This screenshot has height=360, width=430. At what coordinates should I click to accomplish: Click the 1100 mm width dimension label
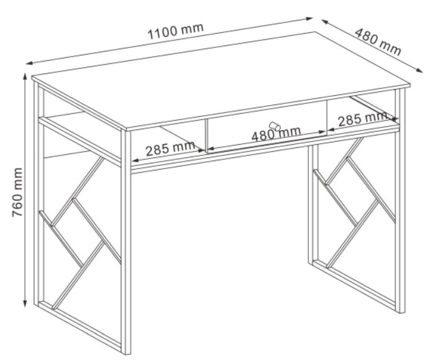coord(175,31)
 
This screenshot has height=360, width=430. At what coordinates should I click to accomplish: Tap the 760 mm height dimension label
coord(17,192)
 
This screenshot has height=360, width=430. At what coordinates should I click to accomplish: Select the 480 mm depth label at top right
coord(378,42)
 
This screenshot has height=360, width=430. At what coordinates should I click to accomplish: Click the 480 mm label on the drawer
coord(276,134)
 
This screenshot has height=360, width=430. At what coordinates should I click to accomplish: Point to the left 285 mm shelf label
coord(170,149)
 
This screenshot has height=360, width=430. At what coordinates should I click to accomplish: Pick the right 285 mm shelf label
coord(362,119)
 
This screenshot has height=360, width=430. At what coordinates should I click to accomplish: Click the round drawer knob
coord(275,126)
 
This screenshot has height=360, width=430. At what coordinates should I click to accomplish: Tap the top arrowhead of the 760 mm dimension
coord(25,76)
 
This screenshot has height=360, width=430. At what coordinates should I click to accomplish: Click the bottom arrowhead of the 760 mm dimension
coord(25,303)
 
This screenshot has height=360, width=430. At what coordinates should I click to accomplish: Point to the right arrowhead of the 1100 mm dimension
coord(309,19)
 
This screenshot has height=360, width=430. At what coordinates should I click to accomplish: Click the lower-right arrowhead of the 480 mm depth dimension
coord(419,70)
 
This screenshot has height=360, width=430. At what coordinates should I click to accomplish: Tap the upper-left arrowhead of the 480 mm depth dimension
coord(326,22)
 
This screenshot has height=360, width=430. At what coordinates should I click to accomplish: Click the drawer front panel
coord(267,126)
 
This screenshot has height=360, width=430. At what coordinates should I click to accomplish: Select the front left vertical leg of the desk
coord(126,241)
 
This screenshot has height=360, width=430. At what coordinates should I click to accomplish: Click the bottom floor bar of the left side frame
coord(80,326)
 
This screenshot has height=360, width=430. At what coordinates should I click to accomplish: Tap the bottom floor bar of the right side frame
coord(354,284)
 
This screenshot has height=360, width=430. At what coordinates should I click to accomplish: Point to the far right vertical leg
coord(400,200)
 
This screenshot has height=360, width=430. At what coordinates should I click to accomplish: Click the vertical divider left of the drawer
coord(206,136)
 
